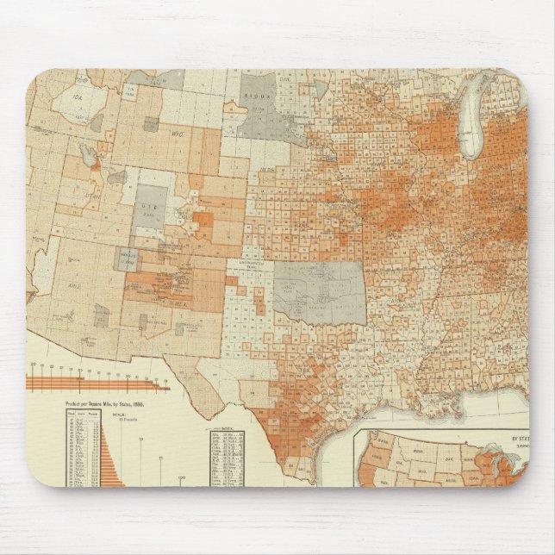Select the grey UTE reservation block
click(x=151, y=205)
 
